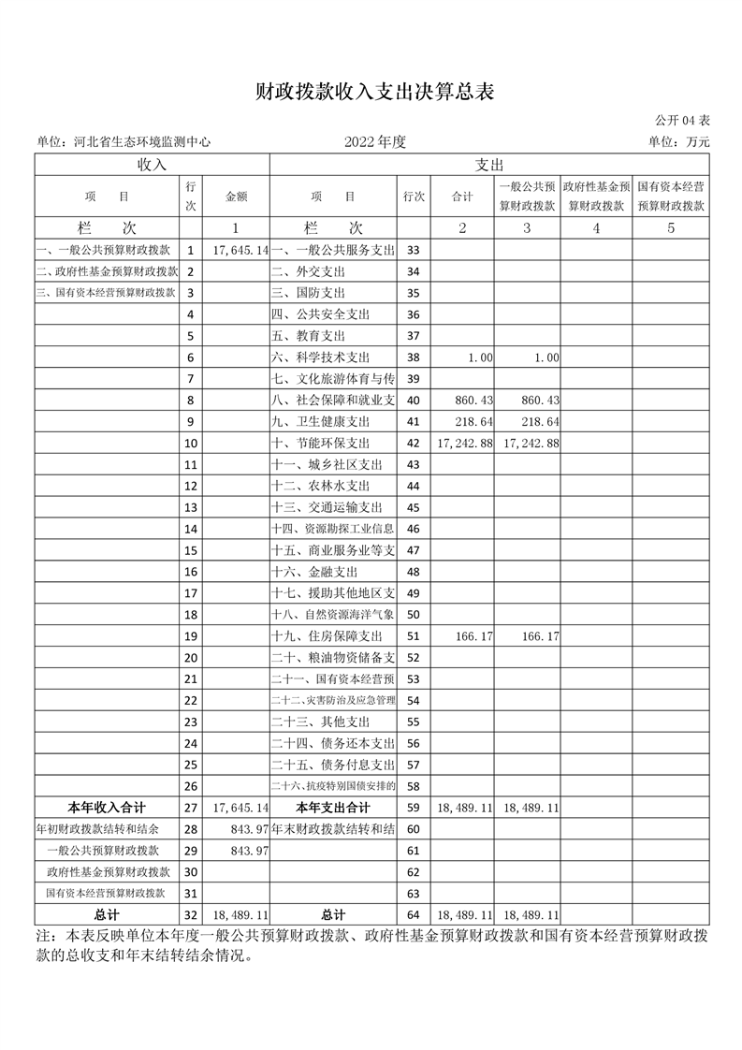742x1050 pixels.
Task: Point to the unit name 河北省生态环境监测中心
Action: [x=140, y=142]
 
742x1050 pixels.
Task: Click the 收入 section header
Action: [x=152, y=165]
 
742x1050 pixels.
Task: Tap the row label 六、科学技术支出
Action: [x=321, y=357]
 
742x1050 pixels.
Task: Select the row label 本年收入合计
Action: [x=107, y=808]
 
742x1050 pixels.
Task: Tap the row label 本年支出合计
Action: [x=333, y=808]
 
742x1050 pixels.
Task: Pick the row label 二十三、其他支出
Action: [x=320, y=722]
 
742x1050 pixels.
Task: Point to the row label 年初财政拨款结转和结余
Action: [x=97, y=829]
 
